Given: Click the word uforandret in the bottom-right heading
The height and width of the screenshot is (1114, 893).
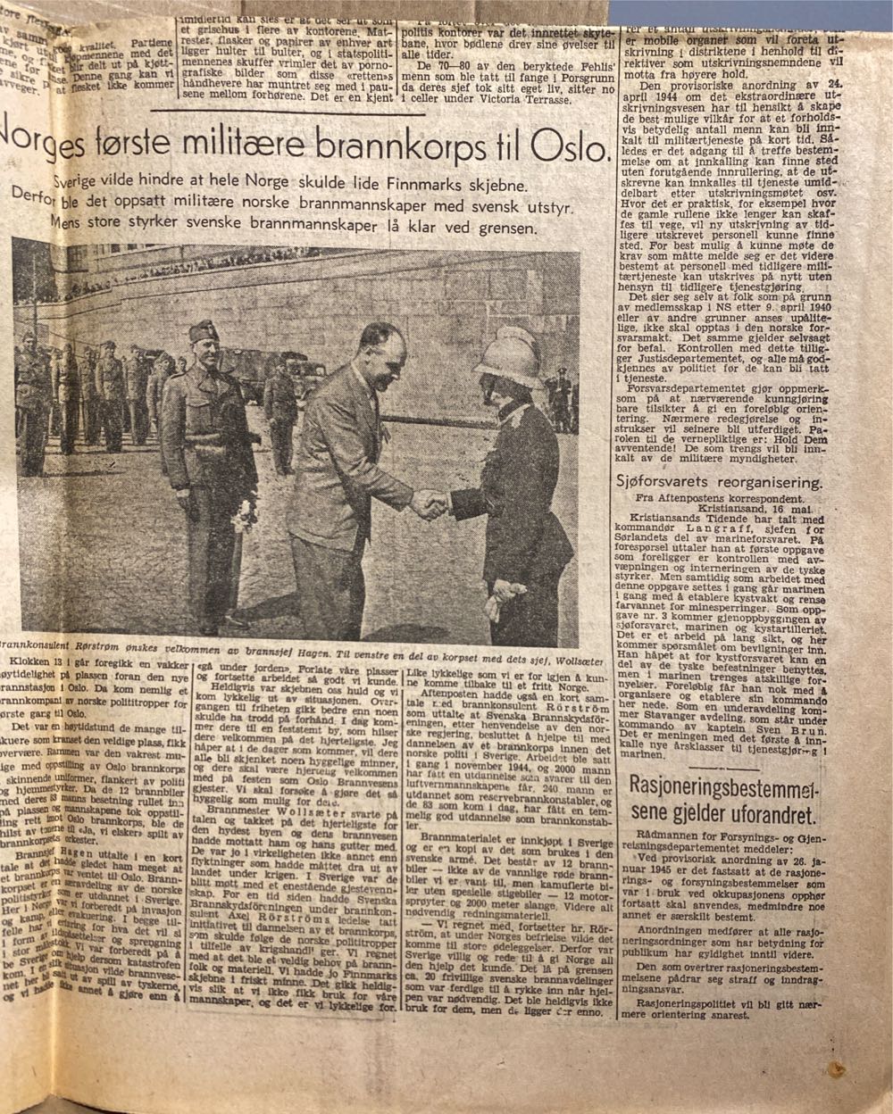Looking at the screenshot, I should click(754, 813).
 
